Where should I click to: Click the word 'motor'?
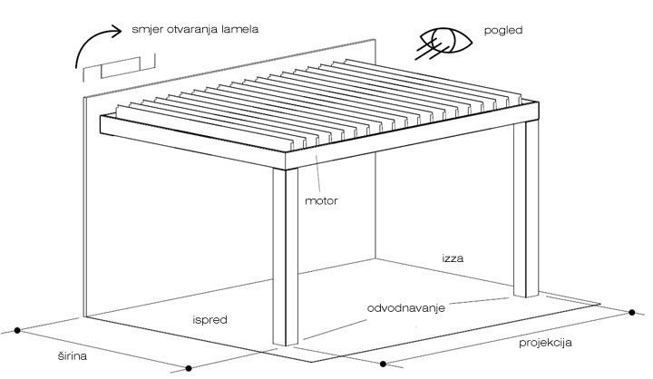pos(321,201)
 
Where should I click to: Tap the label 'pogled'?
pos(503,31)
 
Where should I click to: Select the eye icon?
pos(443,43)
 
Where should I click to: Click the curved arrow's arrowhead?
pos(115,31)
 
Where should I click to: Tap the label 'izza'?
pos(453,258)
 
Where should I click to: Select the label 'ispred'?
pos(210,320)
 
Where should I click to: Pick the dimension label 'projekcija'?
pos(545,343)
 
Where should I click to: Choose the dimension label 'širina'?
pos(73,356)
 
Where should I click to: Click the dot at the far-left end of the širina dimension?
pos(17,330)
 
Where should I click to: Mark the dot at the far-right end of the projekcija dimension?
pos(632,313)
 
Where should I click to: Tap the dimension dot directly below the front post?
pos(189,368)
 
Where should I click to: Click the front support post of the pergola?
pos(286,256)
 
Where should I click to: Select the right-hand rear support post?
pos(525,209)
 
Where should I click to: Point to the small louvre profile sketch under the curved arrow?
pos(119,67)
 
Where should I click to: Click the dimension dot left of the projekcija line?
pos(383,364)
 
